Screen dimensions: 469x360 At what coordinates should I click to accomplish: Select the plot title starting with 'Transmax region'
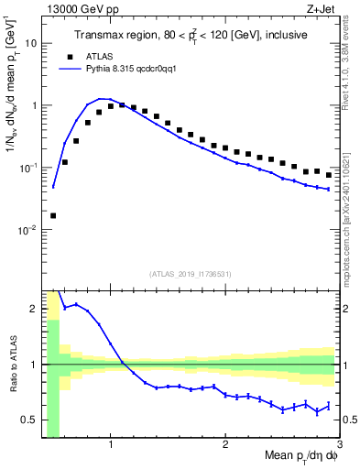[191, 36]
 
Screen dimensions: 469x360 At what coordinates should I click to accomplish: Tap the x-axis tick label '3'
[338, 445]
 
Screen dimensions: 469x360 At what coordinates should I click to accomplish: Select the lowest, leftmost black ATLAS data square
[53, 216]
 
